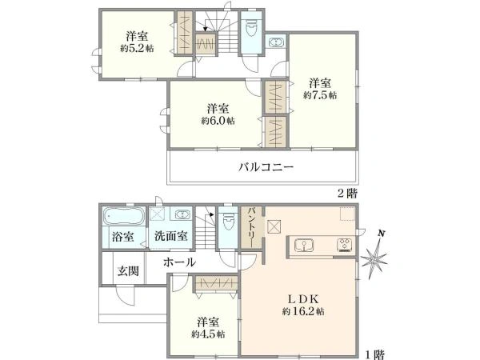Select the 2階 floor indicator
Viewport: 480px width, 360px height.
[346, 194]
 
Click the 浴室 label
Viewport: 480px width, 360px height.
[122, 237]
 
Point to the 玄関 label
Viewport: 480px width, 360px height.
[127, 271]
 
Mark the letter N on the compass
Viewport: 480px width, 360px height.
[382, 234]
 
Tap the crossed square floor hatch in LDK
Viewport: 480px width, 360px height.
[275, 227]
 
